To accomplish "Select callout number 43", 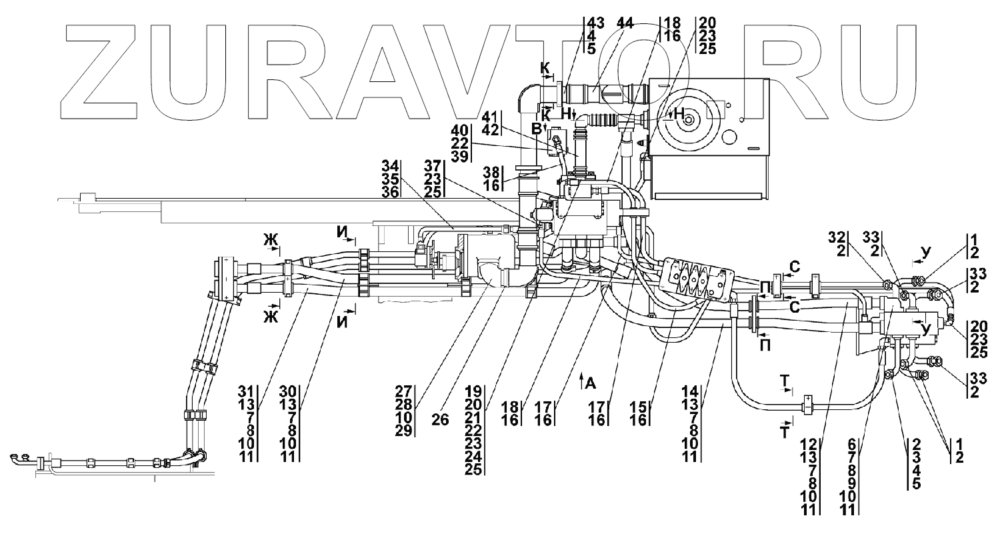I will click(595, 23).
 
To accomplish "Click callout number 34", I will click(391, 165).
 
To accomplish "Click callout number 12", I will click(808, 443).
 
